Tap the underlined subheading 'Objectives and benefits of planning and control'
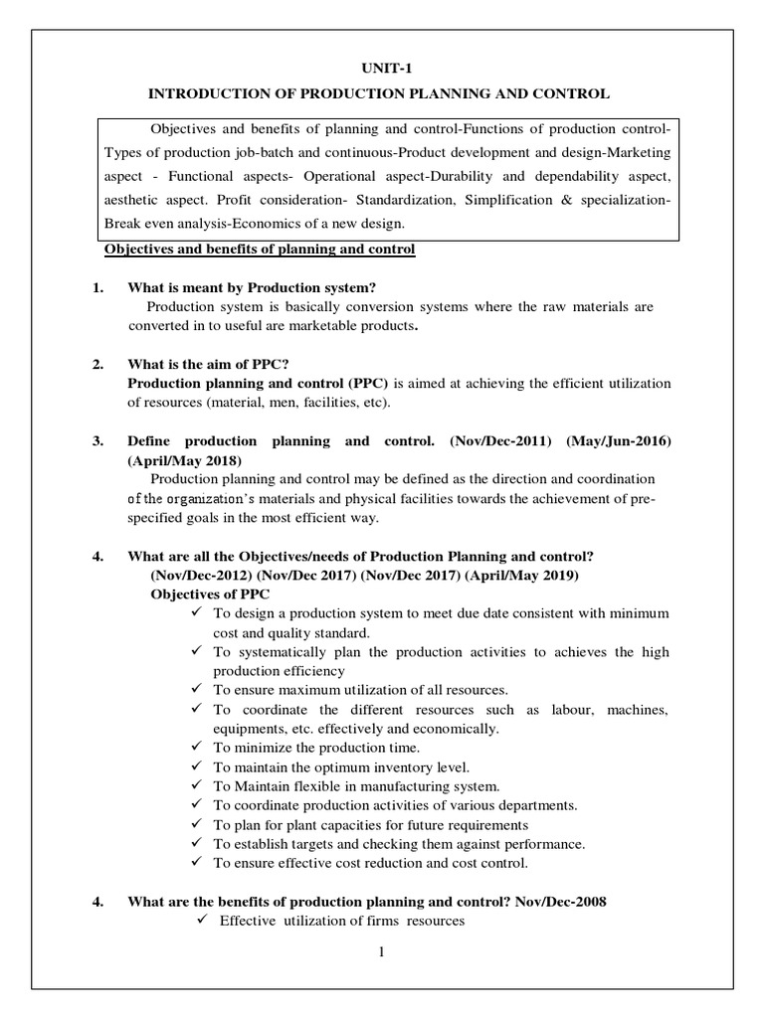(x=259, y=250)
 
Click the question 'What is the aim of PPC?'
(x=208, y=364)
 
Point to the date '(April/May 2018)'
(x=184, y=461)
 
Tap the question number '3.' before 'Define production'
(x=98, y=441)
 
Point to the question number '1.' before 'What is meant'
(x=98, y=288)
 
